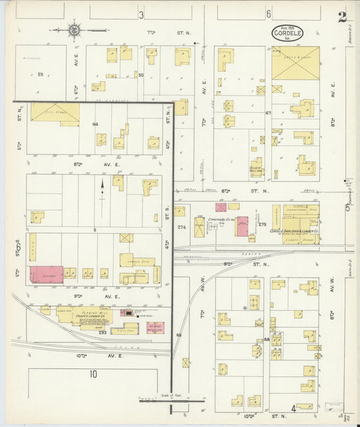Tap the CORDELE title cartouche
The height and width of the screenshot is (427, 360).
coord(288,32)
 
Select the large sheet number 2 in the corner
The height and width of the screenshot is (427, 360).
coord(343,17)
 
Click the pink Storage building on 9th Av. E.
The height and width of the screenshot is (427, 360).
coord(46,274)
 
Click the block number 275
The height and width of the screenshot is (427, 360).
coord(263,224)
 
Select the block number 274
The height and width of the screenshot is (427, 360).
coord(181,228)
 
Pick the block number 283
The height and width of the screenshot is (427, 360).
coord(103,332)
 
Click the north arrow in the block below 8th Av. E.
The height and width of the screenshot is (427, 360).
coord(102,184)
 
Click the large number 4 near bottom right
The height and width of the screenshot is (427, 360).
coord(293,408)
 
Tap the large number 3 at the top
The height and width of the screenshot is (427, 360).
coord(141,14)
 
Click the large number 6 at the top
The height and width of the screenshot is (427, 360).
coord(268,14)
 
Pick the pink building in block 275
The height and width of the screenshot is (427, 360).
coord(241,226)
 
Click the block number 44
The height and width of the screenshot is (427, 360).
coord(95,124)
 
